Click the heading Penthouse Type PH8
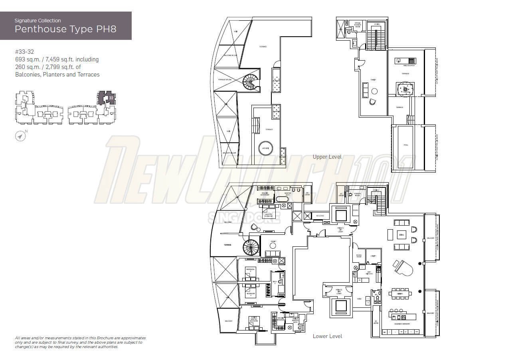pos(65,29)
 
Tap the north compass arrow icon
pos(21,136)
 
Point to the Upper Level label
pos(327,157)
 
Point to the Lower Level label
pos(327,336)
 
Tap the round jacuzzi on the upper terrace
pos(265,148)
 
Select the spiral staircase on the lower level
pos(251,247)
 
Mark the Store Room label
pos(359,256)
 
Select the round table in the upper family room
pos(374,91)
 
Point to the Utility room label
pos(374,256)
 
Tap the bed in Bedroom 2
pos(250,273)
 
